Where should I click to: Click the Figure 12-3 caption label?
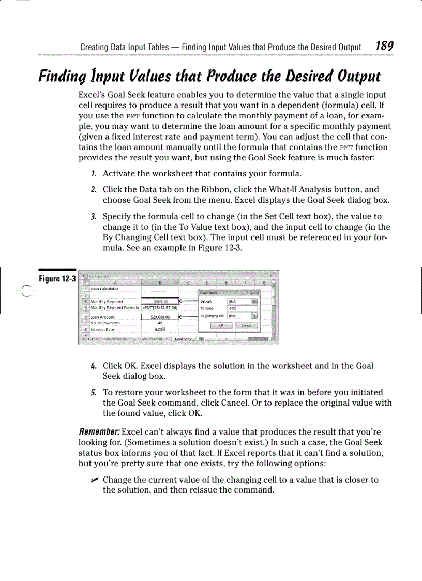pos(57,279)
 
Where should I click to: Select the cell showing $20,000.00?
pos(160,317)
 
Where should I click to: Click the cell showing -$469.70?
pos(160,301)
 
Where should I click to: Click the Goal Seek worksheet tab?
pos(183,339)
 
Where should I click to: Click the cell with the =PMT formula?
pos(160,307)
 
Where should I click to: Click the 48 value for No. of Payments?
pos(160,323)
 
